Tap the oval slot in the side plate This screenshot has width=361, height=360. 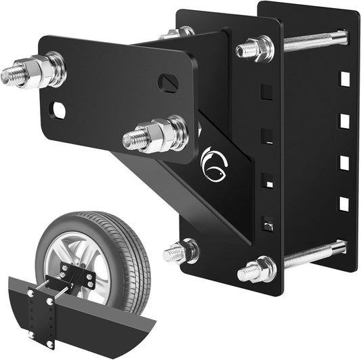tap(168, 83)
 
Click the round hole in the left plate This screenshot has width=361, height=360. tap(59, 110)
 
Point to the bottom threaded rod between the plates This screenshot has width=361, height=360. tap(314, 254)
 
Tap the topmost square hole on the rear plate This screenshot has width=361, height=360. tap(344, 79)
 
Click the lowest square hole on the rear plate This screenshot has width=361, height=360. tap(344, 203)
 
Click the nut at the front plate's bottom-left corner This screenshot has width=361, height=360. tap(185, 252)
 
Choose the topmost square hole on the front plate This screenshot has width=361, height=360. tap(266, 90)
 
